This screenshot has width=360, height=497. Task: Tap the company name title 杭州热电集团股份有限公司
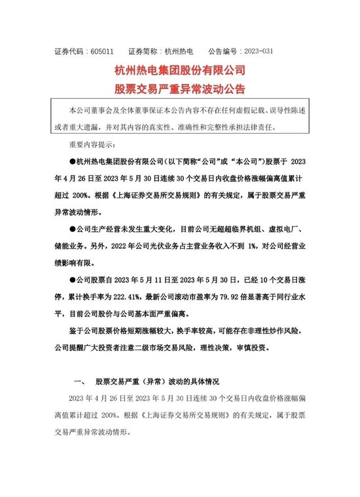(x=179, y=69)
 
